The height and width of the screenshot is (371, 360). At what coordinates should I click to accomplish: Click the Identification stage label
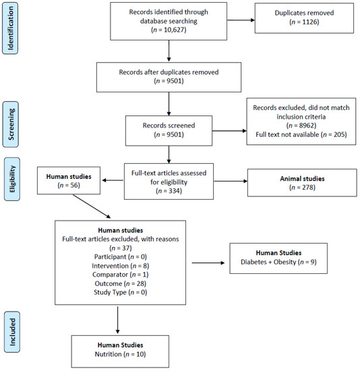10,28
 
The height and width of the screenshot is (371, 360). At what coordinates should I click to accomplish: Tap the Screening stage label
11,124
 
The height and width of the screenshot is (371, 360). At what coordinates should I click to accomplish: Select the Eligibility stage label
12,179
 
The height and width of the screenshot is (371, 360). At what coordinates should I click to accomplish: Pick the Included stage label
12,332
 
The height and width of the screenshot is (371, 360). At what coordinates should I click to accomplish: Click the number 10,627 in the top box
173,30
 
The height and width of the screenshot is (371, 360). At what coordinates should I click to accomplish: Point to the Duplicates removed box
304,18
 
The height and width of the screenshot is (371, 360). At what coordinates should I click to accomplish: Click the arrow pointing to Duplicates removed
241,20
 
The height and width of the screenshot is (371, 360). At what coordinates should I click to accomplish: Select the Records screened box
169,131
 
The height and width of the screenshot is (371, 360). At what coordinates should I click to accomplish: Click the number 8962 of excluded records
307,125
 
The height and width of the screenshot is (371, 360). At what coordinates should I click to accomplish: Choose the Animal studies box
302,183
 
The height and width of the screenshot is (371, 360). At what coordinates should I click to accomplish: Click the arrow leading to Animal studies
231,181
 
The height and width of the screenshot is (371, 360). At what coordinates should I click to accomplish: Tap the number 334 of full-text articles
175,191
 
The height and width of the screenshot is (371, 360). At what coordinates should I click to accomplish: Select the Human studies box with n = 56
69,181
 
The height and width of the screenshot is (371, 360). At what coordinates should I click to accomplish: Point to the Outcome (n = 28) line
121,283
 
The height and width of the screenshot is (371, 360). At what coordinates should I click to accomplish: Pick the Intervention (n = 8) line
121,266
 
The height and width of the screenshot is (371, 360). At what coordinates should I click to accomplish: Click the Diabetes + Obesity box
278,258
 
